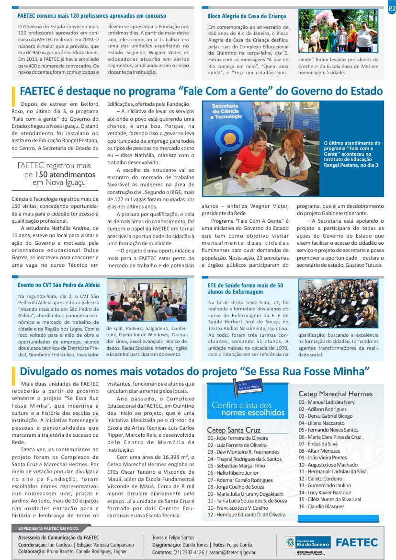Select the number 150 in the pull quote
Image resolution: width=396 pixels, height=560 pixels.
click(42, 174)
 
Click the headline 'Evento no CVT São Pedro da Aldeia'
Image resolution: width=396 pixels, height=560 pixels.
click(58, 285)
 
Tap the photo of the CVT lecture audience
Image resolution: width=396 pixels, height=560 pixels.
click(147, 300)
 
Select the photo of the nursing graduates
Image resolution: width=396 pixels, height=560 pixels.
click(338, 304)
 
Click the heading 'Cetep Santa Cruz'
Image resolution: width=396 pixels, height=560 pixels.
click(234, 430)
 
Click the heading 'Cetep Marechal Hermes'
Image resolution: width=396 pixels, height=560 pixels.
click(335, 394)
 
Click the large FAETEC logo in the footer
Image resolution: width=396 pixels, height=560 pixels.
click(356, 542)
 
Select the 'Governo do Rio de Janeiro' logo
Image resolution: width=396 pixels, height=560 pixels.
click(308, 542)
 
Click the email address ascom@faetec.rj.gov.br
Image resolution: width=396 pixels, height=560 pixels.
click(233, 552)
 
